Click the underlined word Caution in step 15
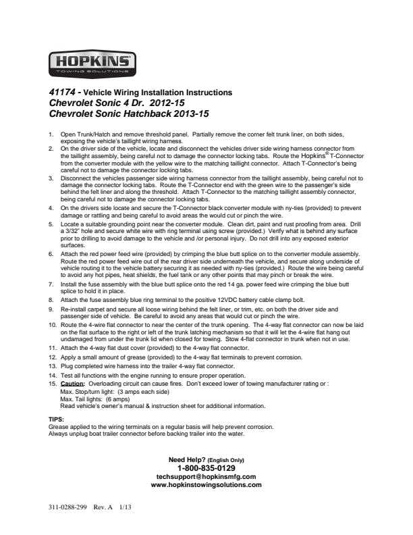[72, 384]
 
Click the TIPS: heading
[57, 419]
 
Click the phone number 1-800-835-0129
[206, 468]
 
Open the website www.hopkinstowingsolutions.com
[206, 485]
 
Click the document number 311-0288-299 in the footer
[67, 506]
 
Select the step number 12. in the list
[53, 356]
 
